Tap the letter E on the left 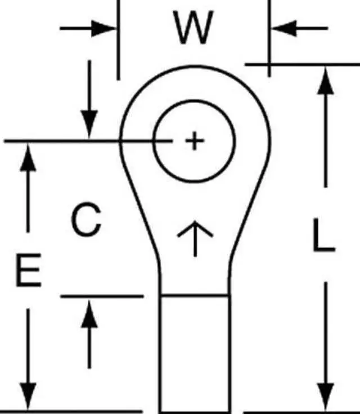pos(28,271)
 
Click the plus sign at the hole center pos(194,141)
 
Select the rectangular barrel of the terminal pos(195,354)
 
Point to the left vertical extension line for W pos(118,39)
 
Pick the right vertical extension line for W pos(269,39)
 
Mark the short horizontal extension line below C pos(101,295)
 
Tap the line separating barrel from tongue pos(195,295)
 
